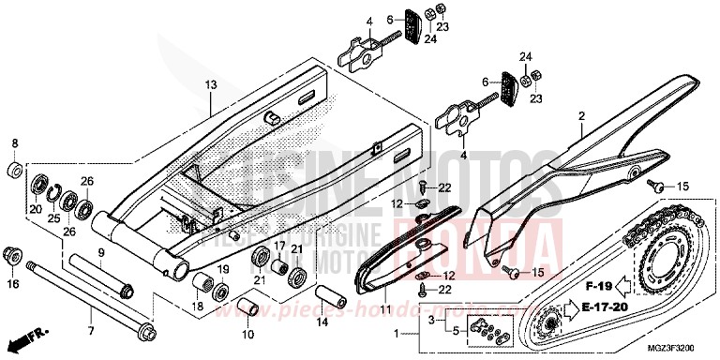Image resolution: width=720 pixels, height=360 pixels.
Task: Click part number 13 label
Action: point(211,84)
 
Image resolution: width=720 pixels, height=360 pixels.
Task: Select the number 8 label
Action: point(14,142)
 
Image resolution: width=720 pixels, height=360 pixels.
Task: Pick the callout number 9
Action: point(101,252)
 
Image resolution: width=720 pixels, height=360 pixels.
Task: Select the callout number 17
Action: point(278,247)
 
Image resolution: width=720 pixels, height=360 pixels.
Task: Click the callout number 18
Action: point(197,307)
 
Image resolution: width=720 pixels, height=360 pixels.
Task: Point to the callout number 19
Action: point(223,269)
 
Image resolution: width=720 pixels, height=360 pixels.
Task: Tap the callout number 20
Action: point(36,209)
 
